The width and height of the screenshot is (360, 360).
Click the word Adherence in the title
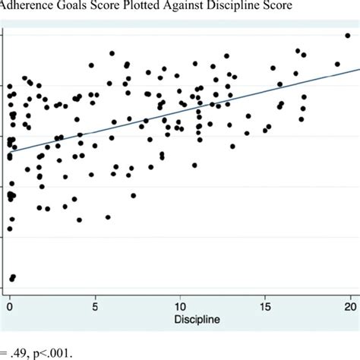28,9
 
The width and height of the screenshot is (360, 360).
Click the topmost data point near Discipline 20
347,35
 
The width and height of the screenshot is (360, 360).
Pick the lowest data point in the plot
11,278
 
